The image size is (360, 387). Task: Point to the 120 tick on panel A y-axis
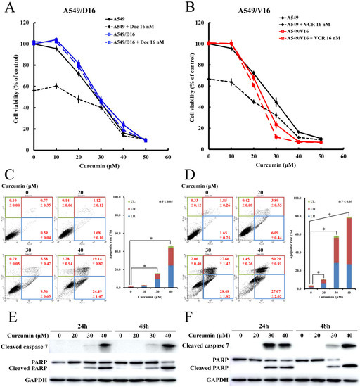(26, 23)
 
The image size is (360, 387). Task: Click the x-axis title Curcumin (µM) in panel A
(98, 166)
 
